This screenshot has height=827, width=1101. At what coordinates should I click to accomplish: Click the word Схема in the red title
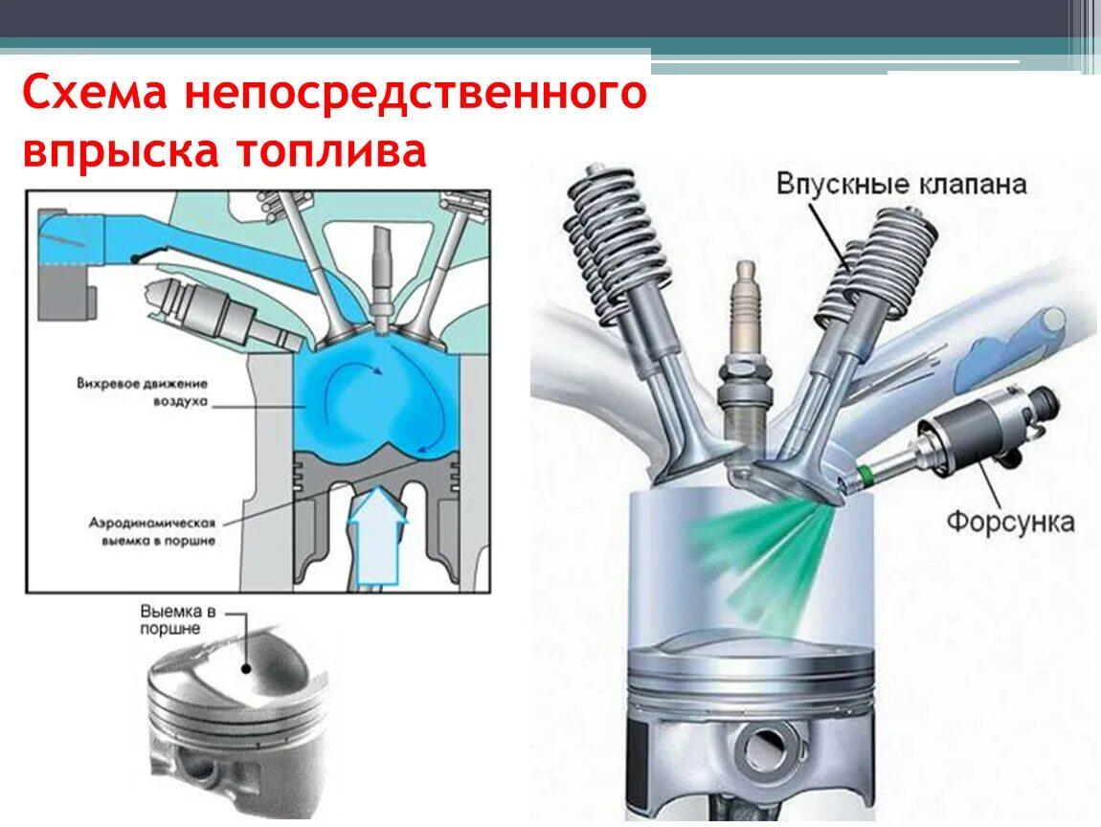[94, 92]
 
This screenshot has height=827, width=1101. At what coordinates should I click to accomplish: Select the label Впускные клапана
[902, 185]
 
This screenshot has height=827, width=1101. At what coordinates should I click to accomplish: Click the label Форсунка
[1010, 522]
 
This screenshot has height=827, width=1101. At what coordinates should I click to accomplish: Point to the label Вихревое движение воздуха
[143, 393]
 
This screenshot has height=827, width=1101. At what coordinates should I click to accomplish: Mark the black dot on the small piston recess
[246, 668]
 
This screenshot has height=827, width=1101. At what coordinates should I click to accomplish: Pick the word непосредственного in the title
[415, 92]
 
